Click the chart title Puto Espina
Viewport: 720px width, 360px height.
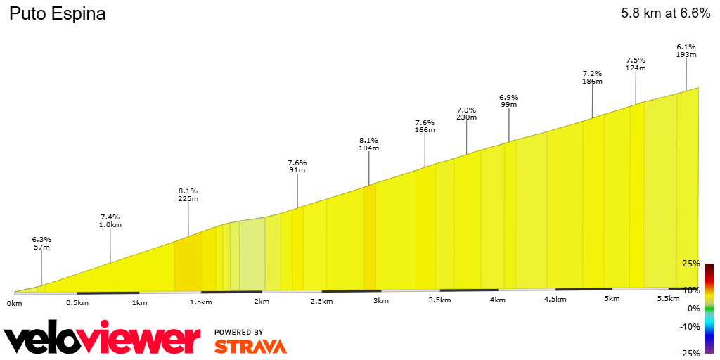57,13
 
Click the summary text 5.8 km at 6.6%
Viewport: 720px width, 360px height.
665,13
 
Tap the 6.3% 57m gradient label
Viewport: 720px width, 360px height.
41,243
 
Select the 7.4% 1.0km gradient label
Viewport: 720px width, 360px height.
110,221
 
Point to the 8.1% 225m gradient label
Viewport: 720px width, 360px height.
188,195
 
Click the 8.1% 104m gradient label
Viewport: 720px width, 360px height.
369,144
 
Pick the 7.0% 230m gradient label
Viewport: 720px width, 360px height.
466,114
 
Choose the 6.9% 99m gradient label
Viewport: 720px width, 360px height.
508,101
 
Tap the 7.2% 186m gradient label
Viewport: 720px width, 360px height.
592,77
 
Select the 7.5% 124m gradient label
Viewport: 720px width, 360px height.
636,64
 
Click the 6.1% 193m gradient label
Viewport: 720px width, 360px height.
686,51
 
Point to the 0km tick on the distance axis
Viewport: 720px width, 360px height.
15,302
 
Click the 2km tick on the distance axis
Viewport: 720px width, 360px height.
262,301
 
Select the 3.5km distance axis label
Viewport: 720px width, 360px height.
439,300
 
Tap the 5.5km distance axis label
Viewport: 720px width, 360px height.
668,299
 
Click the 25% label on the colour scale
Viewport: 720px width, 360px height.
691,264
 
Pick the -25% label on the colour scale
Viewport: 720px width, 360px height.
690,353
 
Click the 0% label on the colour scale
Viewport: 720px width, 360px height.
693,309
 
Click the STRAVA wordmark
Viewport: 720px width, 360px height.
250,346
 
